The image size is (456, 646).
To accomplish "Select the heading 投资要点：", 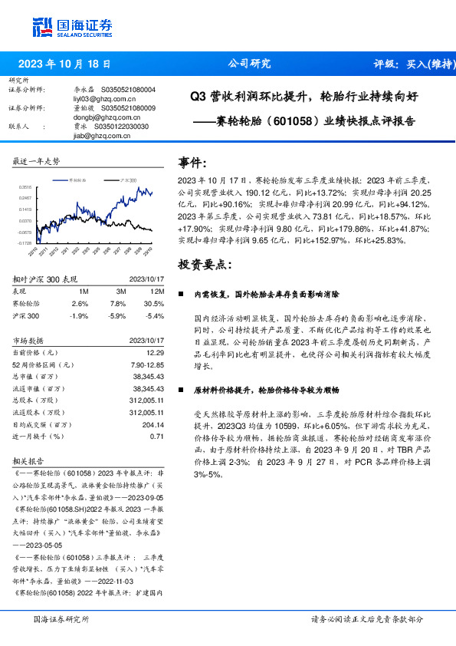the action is pos(203,264).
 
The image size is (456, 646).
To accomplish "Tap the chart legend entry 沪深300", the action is pos(127,180).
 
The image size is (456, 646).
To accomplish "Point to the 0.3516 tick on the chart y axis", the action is pos(25,186).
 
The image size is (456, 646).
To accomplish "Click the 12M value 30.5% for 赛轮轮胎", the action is pos(154,303).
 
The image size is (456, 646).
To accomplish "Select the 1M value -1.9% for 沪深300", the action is pos(78,315).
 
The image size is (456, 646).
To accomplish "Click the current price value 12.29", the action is pos(156,351).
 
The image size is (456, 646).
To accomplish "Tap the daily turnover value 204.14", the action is pos(153,424).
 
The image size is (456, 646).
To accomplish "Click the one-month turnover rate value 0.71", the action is pos(157,436).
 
